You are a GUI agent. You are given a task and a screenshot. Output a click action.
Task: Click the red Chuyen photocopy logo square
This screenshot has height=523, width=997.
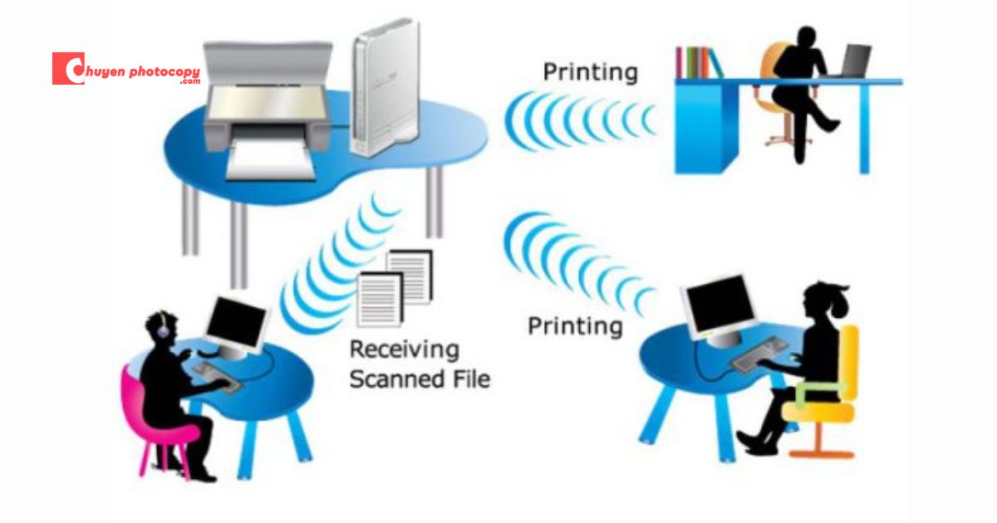[68, 68]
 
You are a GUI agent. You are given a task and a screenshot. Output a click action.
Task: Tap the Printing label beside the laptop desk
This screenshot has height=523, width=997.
[591, 72]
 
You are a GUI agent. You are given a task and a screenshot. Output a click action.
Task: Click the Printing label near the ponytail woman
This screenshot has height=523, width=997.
[575, 326]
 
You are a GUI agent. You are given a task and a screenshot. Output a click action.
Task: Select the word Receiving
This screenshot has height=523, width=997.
[404, 350]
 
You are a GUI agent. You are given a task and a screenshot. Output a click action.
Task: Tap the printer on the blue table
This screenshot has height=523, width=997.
[268, 109]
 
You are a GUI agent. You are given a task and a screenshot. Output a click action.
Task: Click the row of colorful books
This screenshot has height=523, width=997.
[698, 62]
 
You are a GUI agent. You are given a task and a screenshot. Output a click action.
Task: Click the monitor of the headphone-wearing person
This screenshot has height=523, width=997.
[237, 325]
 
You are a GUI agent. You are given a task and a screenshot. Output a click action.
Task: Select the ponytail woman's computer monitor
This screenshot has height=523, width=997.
[719, 307]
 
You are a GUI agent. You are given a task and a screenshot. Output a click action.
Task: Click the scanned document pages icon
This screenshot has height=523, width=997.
[395, 288]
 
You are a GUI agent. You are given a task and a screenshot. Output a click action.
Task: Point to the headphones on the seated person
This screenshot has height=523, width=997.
[163, 326]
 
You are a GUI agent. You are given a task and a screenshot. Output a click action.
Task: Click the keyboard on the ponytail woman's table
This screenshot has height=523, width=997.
[758, 354]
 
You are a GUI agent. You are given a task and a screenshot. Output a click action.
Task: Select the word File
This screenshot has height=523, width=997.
[471, 379]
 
